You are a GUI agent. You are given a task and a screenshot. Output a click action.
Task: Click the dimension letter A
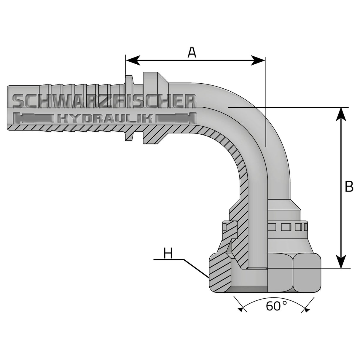(x=192, y=52)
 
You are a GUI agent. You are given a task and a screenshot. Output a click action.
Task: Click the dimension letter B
(x=349, y=187)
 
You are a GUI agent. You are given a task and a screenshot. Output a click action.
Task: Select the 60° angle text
(x=276, y=306)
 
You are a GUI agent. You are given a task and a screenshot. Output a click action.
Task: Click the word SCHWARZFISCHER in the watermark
(x=104, y=102)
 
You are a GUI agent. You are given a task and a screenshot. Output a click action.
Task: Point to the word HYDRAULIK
(x=105, y=119)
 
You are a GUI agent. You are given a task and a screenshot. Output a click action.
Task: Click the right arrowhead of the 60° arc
(x=306, y=309)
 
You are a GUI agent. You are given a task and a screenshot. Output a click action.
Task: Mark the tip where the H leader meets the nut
(x=208, y=278)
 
